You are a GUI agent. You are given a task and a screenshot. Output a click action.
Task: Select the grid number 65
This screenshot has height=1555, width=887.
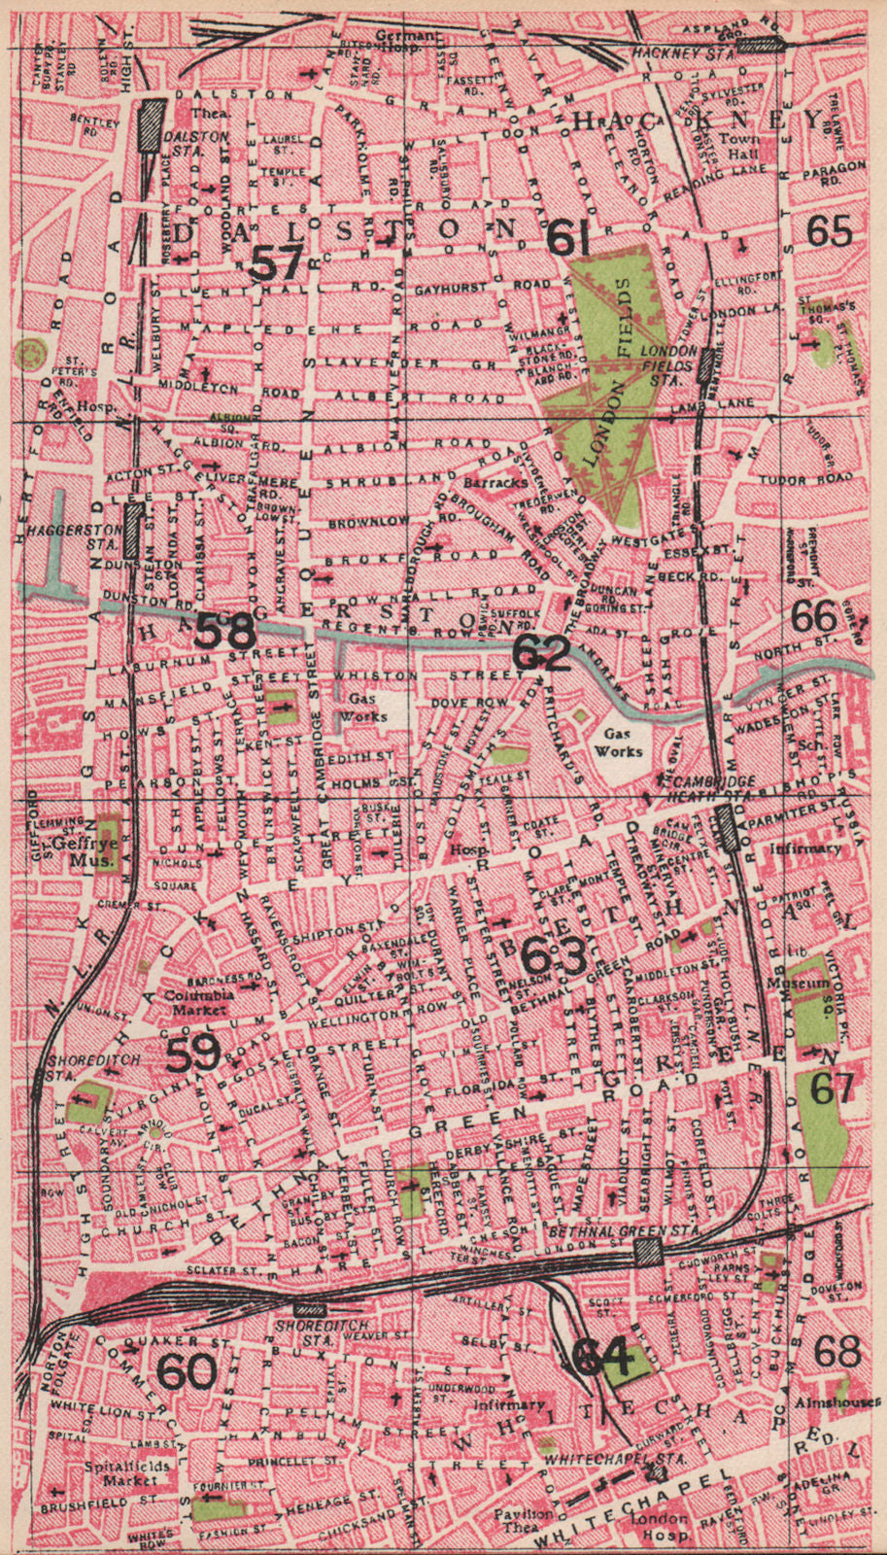click(x=829, y=231)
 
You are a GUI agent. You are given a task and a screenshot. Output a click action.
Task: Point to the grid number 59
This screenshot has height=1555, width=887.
click(x=192, y=1055)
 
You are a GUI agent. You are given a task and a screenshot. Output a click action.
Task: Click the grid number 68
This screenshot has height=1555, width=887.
click(x=837, y=1352)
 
